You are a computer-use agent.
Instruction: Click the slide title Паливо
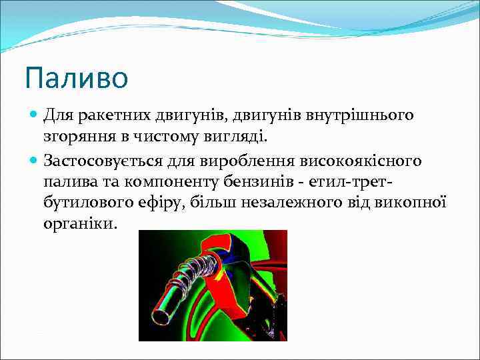(76, 78)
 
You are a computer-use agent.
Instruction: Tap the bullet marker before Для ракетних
(35, 116)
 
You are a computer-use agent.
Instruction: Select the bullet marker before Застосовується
(35, 161)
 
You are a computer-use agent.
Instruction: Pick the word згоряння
(74, 137)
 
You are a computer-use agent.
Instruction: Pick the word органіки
(80, 224)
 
